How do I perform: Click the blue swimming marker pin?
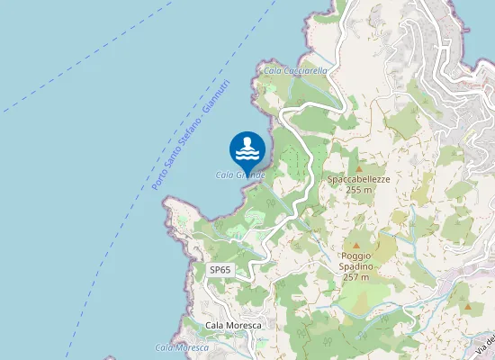(x=247, y=149)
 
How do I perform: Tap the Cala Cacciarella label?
(x=294, y=69)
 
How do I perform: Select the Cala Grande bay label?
(x=239, y=175)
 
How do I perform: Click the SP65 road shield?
(x=220, y=270)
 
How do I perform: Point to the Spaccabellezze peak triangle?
(x=358, y=168)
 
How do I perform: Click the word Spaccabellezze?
(x=358, y=179)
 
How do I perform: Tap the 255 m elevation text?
(x=358, y=190)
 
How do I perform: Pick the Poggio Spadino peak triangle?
(x=355, y=245)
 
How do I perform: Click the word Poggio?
(x=355, y=256)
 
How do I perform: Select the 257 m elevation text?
(x=355, y=277)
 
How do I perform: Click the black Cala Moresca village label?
(x=233, y=325)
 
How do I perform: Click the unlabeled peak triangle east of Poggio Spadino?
(x=467, y=307)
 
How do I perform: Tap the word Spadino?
(x=355, y=267)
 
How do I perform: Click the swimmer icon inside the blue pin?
(x=247, y=146)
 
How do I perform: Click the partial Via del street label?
(x=486, y=346)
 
